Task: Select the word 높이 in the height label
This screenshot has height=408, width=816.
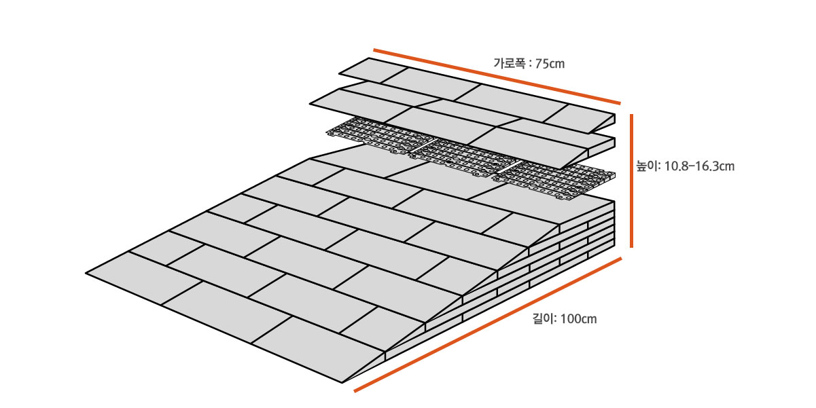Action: click(646, 166)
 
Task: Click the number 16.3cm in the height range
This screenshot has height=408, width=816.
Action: click(713, 166)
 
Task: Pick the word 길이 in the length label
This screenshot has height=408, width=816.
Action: click(544, 318)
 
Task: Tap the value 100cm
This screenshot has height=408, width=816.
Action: click(580, 318)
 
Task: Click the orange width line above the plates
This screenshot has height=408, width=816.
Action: click(496, 76)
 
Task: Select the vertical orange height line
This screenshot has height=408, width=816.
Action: click(633, 180)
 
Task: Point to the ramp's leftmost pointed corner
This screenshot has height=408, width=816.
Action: click(88, 273)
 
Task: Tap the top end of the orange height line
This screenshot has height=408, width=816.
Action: click(633, 116)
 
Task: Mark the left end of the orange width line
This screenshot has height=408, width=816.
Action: click(375, 50)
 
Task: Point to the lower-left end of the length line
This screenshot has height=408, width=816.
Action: click(355, 391)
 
